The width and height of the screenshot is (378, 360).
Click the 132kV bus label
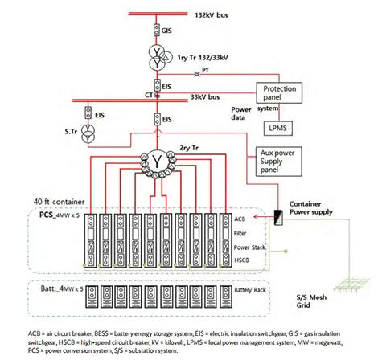(x=212, y=15)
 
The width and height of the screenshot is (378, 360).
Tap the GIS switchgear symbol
(x=157, y=30)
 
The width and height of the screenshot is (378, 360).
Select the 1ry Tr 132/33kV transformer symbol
(x=160, y=58)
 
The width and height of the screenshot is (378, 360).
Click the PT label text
(x=205, y=70)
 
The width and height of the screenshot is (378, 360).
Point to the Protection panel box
(x=279, y=93)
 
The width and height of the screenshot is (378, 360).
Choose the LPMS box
(x=277, y=129)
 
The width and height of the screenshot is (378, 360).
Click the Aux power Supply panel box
(x=279, y=162)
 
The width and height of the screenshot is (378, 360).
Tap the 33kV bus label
(x=205, y=96)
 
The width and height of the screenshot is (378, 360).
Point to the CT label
(x=149, y=95)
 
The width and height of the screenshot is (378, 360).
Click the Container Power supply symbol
(x=278, y=218)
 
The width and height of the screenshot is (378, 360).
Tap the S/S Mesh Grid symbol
(x=351, y=284)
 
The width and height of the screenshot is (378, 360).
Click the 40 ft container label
(x=59, y=202)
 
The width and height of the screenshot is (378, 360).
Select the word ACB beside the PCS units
(x=240, y=219)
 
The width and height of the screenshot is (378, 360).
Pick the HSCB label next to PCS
(x=241, y=260)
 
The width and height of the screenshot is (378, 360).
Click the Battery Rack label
(x=250, y=290)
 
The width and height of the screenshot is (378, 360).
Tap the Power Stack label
(x=249, y=247)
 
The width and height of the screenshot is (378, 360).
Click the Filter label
(x=240, y=233)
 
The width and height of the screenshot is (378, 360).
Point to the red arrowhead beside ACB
(x=256, y=216)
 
